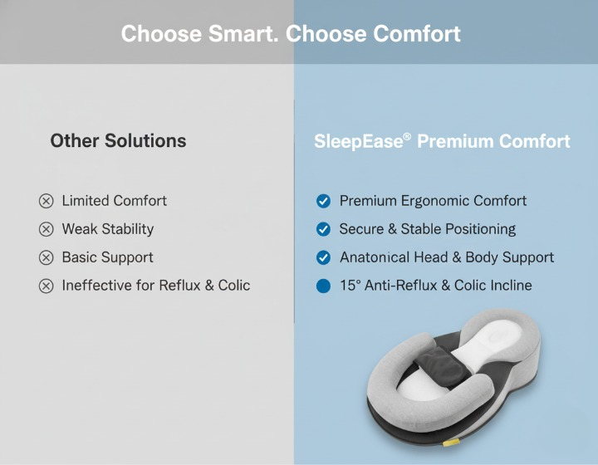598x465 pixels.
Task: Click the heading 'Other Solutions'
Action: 118,140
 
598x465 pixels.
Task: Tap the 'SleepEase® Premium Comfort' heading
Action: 442,141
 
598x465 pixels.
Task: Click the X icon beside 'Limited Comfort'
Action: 46,201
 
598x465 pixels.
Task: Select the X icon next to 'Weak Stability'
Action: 46,229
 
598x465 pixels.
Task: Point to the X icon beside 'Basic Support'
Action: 46,257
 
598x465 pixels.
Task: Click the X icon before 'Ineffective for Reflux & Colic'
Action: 46,286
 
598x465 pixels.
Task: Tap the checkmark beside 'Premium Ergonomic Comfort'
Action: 323,201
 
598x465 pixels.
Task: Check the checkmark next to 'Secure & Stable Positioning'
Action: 323,229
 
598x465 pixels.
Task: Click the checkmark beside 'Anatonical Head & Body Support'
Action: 323,257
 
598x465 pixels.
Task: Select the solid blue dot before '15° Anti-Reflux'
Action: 323,286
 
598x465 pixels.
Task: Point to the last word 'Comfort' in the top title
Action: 417,34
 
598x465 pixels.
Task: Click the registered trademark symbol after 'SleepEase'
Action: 407,136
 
